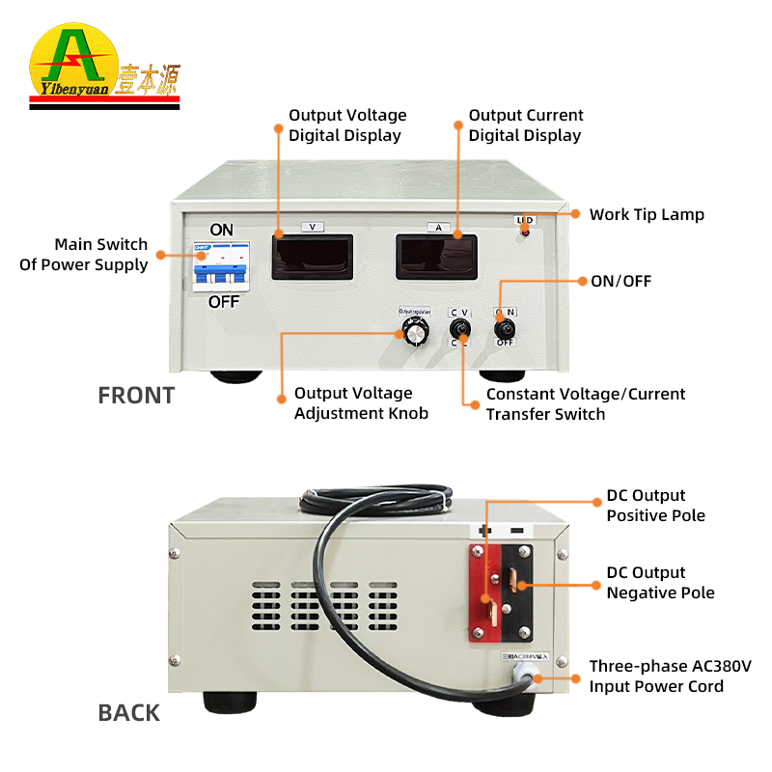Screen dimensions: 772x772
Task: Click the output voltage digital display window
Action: point(312,257)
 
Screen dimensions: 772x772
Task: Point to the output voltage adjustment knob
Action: point(416,333)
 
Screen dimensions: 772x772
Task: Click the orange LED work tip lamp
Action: point(525,233)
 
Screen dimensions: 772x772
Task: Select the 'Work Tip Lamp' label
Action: point(647,214)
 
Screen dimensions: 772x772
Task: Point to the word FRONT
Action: point(136,395)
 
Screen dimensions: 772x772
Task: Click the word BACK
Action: point(128,713)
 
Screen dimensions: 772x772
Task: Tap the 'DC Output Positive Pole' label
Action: point(655,506)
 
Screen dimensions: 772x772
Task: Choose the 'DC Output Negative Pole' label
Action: point(660,583)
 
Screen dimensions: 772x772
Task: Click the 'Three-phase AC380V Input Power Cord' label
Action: point(670,676)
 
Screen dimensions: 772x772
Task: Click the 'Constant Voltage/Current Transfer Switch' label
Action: point(585,403)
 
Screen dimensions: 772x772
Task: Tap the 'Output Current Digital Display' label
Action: point(526,125)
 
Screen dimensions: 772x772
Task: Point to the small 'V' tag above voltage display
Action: point(312,227)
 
